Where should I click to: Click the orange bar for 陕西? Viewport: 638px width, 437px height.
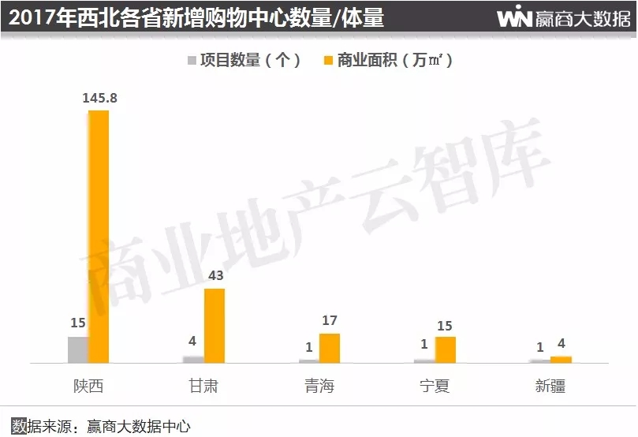[99, 237]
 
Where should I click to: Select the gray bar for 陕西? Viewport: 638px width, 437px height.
[78, 349]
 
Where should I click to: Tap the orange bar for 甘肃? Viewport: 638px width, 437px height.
[215, 326]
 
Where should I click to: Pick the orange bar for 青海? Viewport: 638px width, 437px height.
[330, 348]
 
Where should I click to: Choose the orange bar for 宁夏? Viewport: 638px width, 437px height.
[446, 349]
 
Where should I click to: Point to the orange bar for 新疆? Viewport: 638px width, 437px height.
[561, 359]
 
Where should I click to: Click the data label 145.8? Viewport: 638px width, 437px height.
[99, 98]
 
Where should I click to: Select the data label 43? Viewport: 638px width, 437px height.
[215, 276]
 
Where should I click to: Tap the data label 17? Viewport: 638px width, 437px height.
[330, 321]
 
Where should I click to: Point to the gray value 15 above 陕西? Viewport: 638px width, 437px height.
[77, 323]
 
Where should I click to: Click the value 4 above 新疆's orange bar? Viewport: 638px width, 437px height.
[561, 344]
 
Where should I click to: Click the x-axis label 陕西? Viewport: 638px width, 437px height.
[88, 387]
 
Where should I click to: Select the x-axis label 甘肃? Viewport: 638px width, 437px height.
[203, 387]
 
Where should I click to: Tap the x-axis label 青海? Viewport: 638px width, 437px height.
[319, 387]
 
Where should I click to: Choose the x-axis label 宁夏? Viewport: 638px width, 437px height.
[435, 387]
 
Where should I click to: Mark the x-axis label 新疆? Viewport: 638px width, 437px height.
[550, 387]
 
